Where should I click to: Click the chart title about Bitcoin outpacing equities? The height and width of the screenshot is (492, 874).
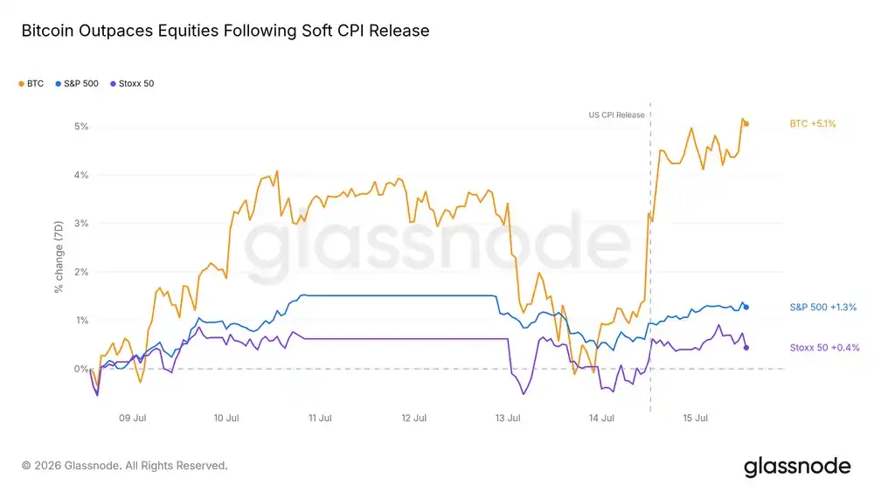tap(225, 31)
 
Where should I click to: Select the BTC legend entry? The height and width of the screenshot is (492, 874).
tap(31, 84)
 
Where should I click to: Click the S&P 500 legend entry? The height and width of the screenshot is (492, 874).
tap(77, 84)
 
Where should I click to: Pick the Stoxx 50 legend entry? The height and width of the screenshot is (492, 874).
tap(132, 84)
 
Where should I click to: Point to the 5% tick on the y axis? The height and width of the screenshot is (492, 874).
tap(81, 127)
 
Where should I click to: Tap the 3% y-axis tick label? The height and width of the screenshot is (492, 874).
tap(81, 224)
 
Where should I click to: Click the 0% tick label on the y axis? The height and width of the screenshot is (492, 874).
tap(81, 369)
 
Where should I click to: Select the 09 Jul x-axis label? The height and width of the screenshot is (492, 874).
tap(133, 418)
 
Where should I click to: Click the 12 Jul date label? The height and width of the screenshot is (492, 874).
tap(414, 418)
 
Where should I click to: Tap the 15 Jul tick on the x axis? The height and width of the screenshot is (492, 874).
tap(696, 418)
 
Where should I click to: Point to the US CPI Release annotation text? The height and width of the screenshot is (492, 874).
tap(616, 114)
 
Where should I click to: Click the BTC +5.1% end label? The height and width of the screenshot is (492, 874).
tap(813, 124)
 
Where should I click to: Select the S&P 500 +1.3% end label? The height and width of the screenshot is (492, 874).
tap(823, 307)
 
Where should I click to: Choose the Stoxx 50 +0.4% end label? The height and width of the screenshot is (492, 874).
tap(824, 348)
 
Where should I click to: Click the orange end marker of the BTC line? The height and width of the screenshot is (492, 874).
tap(746, 124)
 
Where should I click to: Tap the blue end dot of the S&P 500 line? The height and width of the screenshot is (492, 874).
tap(746, 307)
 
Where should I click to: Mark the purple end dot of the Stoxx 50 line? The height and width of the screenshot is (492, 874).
tap(746, 348)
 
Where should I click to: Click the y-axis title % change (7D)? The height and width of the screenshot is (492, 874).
tap(59, 257)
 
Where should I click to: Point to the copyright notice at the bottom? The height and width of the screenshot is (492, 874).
tap(125, 466)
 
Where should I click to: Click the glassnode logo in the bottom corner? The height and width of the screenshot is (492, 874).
tap(797, 467)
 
